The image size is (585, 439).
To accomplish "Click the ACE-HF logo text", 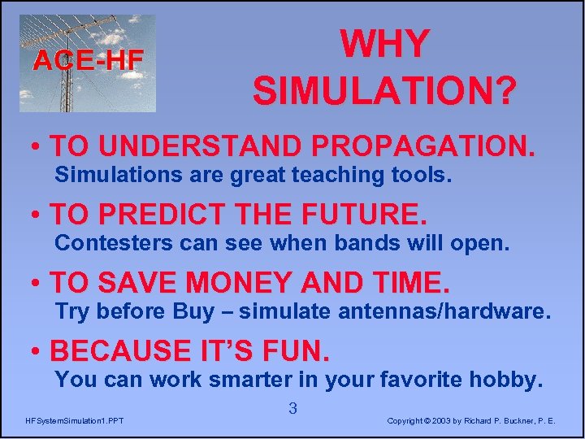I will (x=88, y=59).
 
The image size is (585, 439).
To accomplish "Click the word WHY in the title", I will (x=383, y=45).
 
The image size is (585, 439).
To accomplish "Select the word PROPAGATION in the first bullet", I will (x=423, y=146).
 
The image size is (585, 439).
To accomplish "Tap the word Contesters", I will (x=112, y=243).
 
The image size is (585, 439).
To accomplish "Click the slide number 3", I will (x=292, y=409).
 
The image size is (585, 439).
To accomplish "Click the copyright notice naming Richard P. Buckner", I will (x=471, y=420).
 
